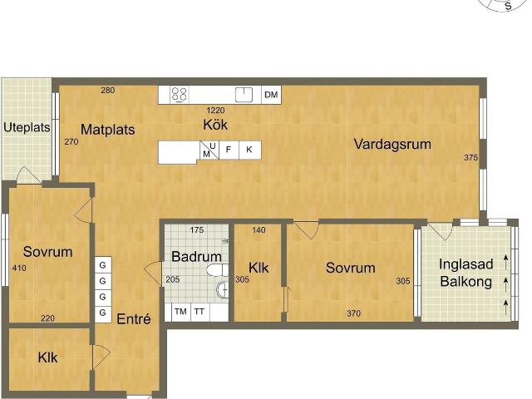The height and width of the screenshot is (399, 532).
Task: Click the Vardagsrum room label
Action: (392, 144)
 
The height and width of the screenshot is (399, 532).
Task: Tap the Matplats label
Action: (108, 130)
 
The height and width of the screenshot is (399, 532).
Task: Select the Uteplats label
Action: (27, 127)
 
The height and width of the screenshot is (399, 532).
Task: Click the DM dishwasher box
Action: (271, 95)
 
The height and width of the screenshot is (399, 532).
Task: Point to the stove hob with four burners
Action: (180, 95)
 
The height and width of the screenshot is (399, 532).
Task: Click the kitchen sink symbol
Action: (244, 95)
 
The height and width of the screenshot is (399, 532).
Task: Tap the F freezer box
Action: (229, 150)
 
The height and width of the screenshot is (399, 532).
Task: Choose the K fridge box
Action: (249, 150)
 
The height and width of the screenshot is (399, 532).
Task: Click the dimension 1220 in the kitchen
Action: (216, 111)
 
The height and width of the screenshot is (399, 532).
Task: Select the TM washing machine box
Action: (180, 312)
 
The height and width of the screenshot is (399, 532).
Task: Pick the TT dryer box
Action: (199, 312)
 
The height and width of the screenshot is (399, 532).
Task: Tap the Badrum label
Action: (196, 257)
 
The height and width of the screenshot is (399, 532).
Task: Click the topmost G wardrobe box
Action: (103, 265)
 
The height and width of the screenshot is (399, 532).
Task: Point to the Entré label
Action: (134, 319)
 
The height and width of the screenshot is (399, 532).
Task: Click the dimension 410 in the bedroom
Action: (19, 268)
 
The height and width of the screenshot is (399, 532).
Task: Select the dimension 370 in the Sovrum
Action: (353, 313)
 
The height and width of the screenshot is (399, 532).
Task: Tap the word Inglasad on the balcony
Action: (465, 264)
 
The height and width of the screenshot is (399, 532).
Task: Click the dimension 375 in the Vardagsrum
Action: (471, 158)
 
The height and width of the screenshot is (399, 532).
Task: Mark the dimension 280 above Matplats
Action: (108, 91)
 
